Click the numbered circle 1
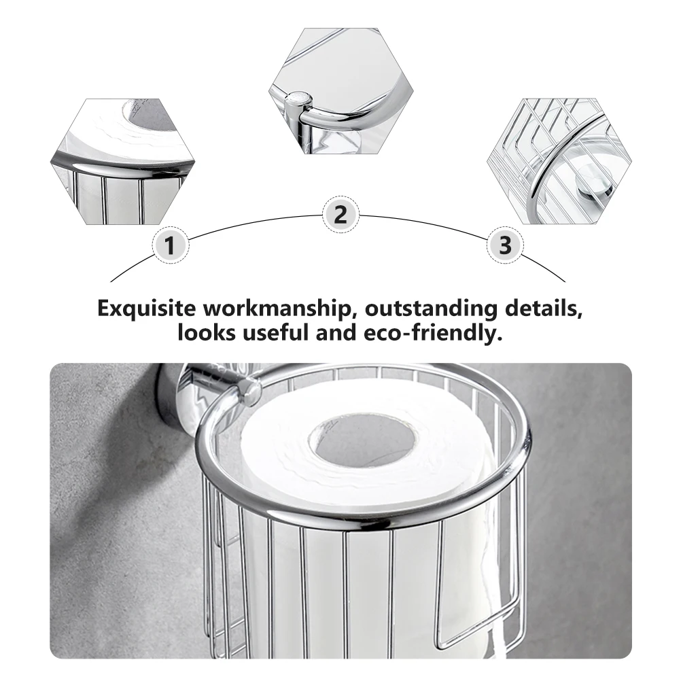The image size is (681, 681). click(171, 245)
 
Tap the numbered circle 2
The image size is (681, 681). click(340, 215)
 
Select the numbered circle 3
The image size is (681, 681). click(504, 245)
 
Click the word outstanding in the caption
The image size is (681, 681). click(430, 308)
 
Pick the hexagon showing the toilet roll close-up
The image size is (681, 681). click(123, 161)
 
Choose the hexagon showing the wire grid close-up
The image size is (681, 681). click(559, 161)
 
